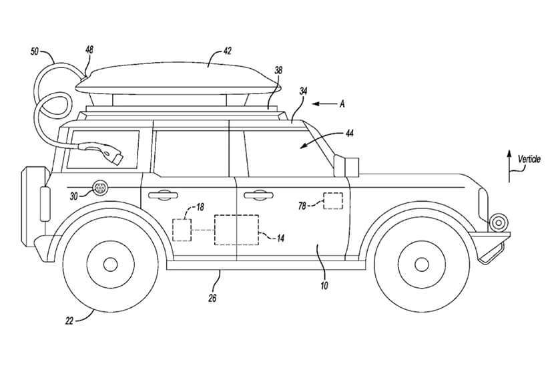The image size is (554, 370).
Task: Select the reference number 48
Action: [89, 49]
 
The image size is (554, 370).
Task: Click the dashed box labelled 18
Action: [182, 229]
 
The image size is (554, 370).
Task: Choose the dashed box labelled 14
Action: [236, 230]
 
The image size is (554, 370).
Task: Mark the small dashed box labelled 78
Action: [332, 201]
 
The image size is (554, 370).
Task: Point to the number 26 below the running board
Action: [212, 298]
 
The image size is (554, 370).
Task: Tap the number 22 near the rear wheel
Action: [69, 320]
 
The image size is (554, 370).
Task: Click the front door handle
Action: [258, 195]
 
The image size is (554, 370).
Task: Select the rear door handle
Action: [162, 195]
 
